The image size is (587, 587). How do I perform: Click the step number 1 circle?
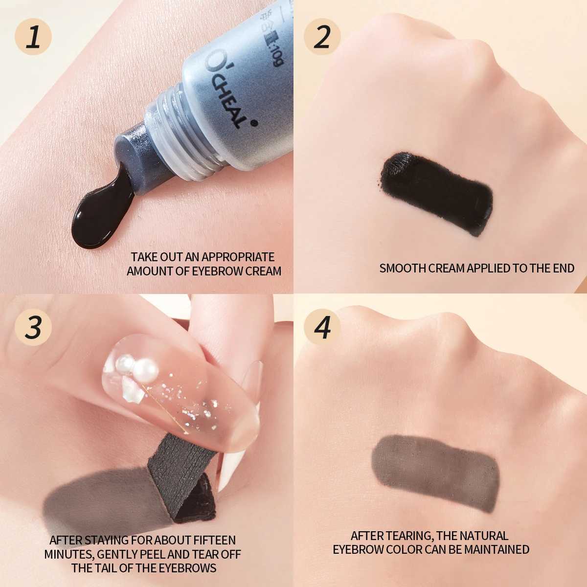pyautogui.click(x=33, y=37)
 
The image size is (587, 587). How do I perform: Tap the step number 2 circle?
pyautogui.click(x=321, y=37)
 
